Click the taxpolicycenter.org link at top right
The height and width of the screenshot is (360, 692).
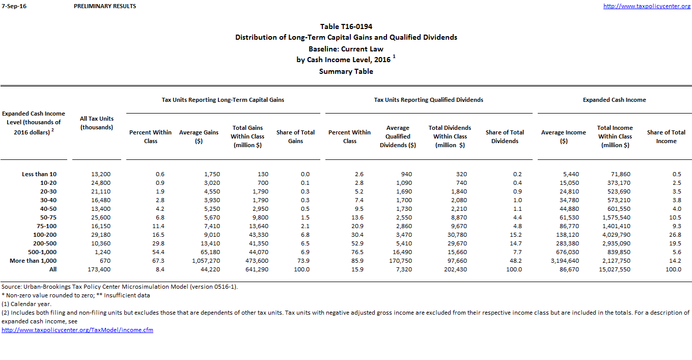tap(647, 6)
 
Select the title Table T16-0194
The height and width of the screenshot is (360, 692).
tap(346, 26)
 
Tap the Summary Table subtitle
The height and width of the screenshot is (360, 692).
tap(346, 71)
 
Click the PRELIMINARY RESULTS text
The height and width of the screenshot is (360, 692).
tap(105, 6)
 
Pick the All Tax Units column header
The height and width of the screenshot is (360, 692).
tap(97, 123)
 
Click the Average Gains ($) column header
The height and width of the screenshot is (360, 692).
tap(199, 136)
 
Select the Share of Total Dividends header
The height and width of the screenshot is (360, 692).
tap(505, 136)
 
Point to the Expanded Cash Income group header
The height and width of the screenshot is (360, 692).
tap(614, 100)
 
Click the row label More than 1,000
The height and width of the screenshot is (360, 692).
tap(33, 261)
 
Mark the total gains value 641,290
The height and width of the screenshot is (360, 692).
tap(256, 269)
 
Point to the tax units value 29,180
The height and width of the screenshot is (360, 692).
tap(100, 235)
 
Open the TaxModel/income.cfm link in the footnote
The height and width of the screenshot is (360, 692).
tap(77, 330)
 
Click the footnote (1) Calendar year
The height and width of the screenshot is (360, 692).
tap(26, 304)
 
